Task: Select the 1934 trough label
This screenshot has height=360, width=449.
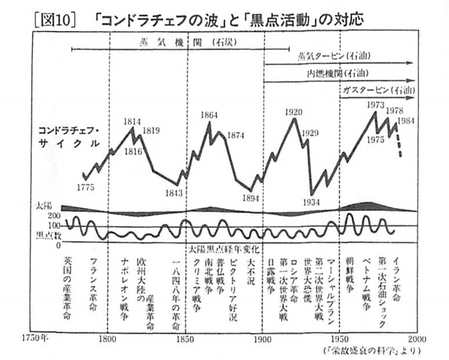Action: coord(311,202)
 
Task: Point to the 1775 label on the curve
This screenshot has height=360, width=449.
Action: coord(86,186)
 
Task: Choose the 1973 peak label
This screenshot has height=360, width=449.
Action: coord(376,105)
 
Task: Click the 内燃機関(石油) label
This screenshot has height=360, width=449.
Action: coord(337,73)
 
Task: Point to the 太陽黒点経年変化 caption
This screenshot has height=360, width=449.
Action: coord(224,249)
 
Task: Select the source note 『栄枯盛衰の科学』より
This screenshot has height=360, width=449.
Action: coord(372,351)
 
